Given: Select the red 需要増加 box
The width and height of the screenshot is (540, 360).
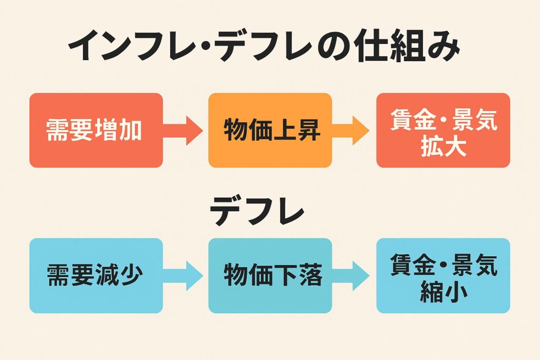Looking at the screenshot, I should pyautogui.click(x=95, y=130).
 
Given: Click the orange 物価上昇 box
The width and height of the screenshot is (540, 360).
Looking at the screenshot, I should pyautogui.click(x=270, y=130).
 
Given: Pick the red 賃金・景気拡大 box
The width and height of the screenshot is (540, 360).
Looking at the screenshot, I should pyautogui.click(x=443, y=130).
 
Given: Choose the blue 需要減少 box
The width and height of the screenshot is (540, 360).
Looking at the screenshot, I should pyautogui.click(x=95, y=275).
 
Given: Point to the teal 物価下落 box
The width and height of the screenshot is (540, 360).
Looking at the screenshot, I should pyautogui.click(x=270, y=275).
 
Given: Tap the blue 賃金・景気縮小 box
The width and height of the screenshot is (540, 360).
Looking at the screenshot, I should pyautogui.click(x=443, y=275).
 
